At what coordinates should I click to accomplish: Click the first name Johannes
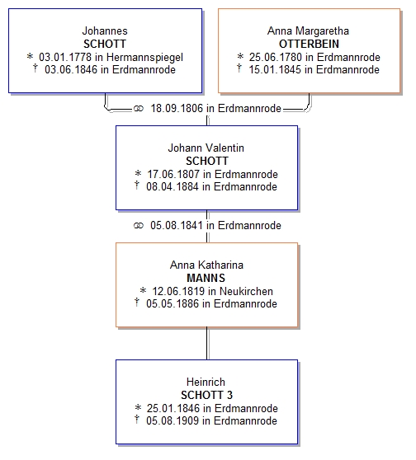[105, 31]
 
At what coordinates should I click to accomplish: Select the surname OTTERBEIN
[309, 44]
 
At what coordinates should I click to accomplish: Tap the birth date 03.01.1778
[65, 57]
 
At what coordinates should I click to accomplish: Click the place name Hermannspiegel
[144, 58]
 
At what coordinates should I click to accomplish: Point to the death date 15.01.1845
[276, 70]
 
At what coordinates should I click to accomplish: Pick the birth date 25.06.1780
[276, 57]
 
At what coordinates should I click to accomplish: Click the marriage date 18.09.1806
[177, 109]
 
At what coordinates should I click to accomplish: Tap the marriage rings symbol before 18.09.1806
[139, 109]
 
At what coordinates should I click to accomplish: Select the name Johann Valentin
[206, 148]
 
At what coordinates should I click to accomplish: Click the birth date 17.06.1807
[173, 174]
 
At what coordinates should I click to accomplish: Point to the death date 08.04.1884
[173, 187]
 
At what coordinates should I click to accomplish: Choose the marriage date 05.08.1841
[177, 226]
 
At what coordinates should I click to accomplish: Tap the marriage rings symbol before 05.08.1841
[139, 226]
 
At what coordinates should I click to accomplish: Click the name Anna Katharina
[206, 265]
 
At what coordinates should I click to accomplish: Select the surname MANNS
[206, 278]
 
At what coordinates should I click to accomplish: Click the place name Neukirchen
[246, 291]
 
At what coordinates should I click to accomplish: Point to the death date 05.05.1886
[173, 304]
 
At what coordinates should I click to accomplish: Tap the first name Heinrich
[206, 382]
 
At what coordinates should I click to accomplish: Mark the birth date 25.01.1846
[173, 408]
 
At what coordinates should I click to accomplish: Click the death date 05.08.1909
[173, 421]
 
